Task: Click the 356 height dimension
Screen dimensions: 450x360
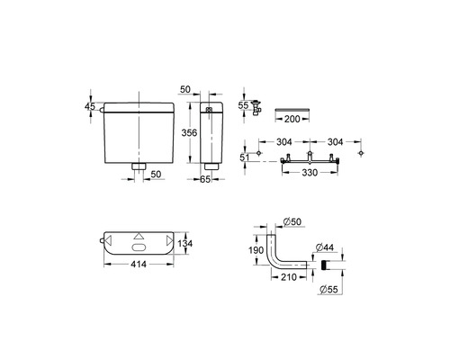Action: point(189,132)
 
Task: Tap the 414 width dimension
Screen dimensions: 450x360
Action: point(139,264)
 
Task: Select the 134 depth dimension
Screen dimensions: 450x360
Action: point(184,243)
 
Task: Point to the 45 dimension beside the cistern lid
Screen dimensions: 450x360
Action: point(90,106)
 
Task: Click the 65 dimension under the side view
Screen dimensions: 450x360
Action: point(205,179)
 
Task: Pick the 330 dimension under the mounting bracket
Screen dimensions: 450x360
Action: point(310,173)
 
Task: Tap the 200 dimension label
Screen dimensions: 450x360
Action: point(292,119)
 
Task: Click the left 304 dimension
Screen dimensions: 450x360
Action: point(283,141)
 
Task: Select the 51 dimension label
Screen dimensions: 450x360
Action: point(244,157)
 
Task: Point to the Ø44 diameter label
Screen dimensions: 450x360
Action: point(325,247)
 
